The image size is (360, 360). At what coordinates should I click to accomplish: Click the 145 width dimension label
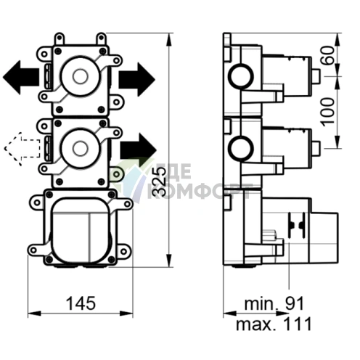pyautogui.click(x=81, y=303)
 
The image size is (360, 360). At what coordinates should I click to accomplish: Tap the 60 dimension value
pyautogui.click(x=329, y=55)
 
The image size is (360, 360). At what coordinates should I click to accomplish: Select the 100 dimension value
pyautogui.click(x=329, y=112)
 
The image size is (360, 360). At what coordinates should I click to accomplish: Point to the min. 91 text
pyautogui.click(x=274, y=304)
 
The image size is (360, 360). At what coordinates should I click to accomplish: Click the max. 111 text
pyautogui.click(x=274, y=324)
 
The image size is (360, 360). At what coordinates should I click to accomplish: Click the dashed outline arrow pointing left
pyautogui.click(x=22, y=149)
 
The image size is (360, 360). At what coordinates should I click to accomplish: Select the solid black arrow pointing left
pyautogui.click(x=21, y=78)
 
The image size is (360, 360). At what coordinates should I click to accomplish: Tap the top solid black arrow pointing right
pyautogui.click(x=136, y=79)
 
